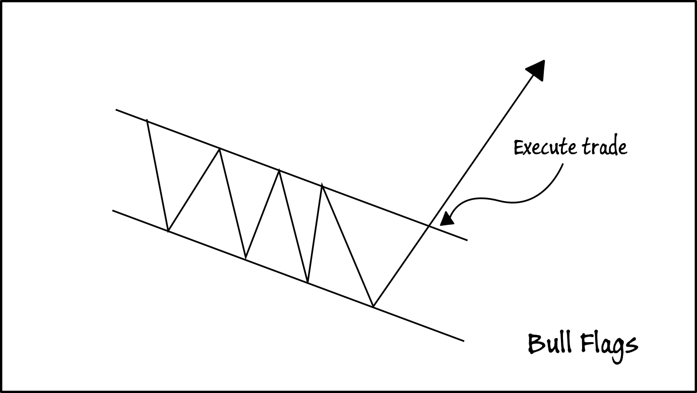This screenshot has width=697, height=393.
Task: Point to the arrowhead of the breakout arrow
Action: [x=536, y=70]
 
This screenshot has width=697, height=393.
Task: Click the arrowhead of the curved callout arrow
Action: [x=446, y=220]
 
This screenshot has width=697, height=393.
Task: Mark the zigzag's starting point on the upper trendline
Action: [x=147, y=120]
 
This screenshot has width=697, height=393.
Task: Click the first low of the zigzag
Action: [x=168, y=231]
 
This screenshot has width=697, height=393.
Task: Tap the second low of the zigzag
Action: [x=245, y=259]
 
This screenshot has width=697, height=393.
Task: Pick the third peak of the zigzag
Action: [x=279, y=171]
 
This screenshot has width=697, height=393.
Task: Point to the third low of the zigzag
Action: [x=307, y=282]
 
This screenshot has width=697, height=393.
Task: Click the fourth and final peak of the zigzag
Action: [x=322, y=186]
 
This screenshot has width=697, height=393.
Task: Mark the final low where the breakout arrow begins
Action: [x=373, y=306]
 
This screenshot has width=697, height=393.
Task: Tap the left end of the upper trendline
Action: [x=116, y=109]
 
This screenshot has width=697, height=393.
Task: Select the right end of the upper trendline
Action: [x=467, y=240]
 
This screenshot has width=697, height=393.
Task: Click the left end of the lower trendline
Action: [x=113, y=211]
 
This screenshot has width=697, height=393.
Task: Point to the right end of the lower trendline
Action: [x=463, y=341]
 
